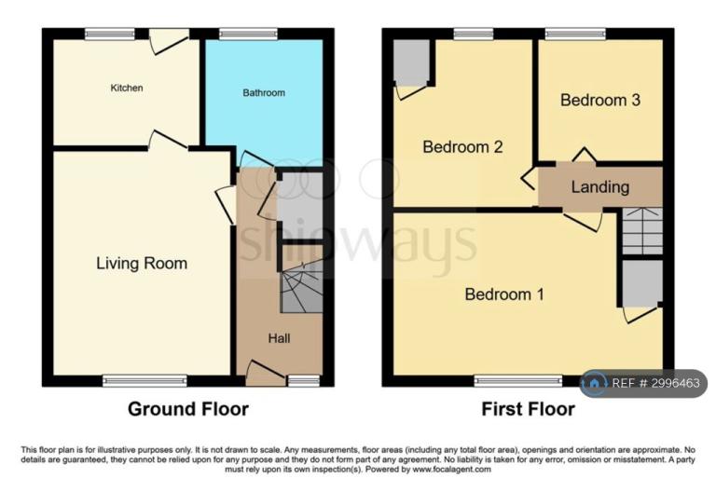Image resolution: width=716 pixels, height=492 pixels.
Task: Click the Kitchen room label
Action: (x=127, y=88)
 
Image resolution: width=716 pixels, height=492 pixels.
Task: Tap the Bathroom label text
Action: (x=264, y=92)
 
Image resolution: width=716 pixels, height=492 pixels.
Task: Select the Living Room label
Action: (x=142, y=264)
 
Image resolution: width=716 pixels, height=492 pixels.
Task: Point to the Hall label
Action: (x=279, y=338)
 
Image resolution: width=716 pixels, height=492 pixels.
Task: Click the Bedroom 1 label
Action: (x=504, y=294)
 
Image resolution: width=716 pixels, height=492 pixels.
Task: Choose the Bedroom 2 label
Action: (x=462, y=146)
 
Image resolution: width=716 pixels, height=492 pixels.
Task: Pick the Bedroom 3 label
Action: (x=600, y=100)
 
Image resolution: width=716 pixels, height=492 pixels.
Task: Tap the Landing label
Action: (x=600, y=186)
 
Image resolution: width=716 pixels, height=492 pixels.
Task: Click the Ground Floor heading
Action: (x=188, y=409)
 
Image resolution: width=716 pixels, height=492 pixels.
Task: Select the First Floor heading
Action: (x=528, y=409)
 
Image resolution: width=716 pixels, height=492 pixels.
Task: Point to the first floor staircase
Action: (x=642, y=231)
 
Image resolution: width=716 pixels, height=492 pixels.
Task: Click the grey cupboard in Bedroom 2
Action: (x=411, y=62)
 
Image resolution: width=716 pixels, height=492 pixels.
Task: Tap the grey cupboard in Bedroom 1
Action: (x=642, y=283)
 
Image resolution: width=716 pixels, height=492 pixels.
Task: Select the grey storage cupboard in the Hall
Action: (x=300, y=205)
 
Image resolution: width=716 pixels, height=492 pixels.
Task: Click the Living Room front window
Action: (x=145, y=380)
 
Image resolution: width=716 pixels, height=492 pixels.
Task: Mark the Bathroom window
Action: (x=248, y=34)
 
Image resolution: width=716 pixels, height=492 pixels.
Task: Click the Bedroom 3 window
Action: (x=575, y=34)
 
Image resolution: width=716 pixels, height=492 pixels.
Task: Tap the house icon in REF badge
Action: (x=594, y=383)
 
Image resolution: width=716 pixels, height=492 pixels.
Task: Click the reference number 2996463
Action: (x=675, y=383)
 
